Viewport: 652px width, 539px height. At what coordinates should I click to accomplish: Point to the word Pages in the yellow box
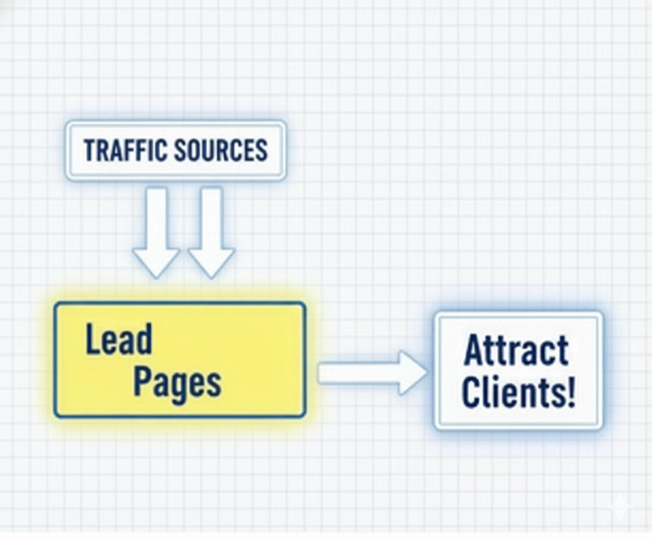[x=177, y=382]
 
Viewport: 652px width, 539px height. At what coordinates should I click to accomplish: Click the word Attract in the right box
[x=516, y=350]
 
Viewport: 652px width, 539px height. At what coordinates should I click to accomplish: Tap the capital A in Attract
[x=474, y=350]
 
